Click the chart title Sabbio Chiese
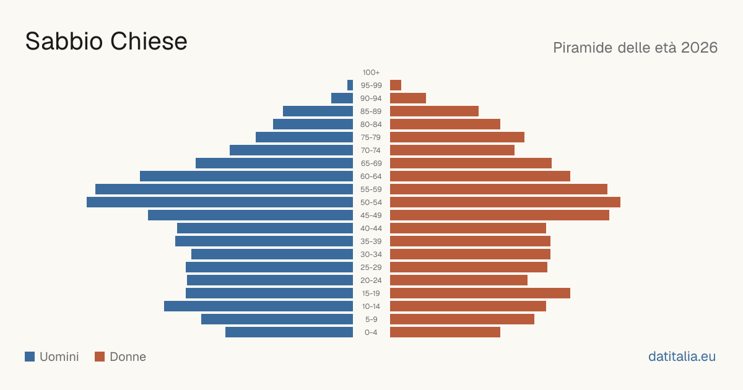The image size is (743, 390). coord(106,41)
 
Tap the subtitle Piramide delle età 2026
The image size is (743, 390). coord(635,48)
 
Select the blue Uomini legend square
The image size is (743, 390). coord(30,357)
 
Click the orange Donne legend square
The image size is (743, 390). coord(100,357)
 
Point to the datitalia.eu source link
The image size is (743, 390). coord(682,357)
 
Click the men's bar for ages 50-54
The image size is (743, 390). coord(220,202)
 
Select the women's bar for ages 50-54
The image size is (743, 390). coord(505,202)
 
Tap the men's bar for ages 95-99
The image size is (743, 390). coord(350,85)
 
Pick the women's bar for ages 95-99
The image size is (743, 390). coord(396,85)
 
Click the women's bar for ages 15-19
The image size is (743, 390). coord(480,293)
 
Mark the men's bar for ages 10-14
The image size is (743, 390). coord(258,306)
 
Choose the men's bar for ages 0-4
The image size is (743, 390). coord(289,332)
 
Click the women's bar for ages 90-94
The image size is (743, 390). coord(408,98)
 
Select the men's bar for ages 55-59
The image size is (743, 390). coord(224,189)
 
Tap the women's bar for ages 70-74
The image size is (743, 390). coord(452,150)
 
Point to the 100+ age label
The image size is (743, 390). coord(371,72)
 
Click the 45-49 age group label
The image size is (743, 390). coord(371,215)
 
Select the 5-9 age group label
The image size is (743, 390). coord(371,319)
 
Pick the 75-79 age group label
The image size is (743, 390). coord(371,137)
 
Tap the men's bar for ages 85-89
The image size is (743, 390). coord(318,111)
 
